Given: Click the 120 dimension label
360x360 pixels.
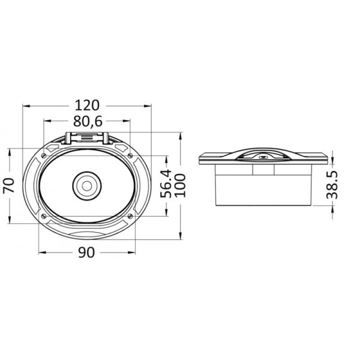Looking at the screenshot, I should click(88, 106).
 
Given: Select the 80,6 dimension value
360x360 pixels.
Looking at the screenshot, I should click(88, 122).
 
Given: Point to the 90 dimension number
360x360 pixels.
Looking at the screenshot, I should click(88, 253).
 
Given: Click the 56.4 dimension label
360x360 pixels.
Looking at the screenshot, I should click(167, 185).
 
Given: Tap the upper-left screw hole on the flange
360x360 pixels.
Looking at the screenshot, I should click(45, 155).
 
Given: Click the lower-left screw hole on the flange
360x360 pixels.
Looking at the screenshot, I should click(45, 214).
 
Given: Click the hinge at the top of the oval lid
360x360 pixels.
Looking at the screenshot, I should click(88, 138).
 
